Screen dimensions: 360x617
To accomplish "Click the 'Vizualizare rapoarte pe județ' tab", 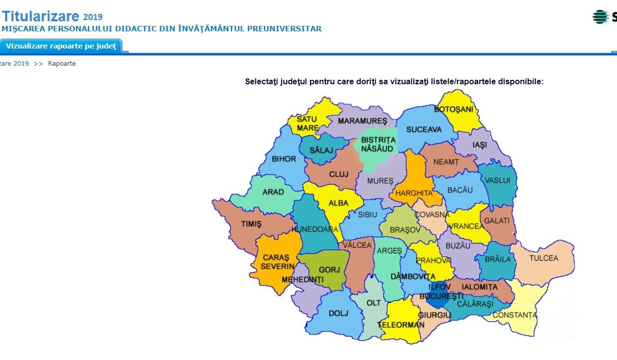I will pyautogui.click(x=61, y=46).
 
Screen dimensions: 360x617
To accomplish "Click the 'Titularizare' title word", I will pyautogui.click(x=40, y=17).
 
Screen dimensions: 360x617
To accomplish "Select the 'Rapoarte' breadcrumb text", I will pyautogui.click(x=62, y=64).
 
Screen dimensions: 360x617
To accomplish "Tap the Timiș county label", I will pyautogui.click(x=251, y=224).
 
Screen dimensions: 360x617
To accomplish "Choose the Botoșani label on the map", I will pyautogui.click(x=454, y=109).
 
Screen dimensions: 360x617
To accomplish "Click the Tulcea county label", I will pyautogui.click(x=544, y=258).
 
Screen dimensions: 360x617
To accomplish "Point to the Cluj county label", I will pyautogui.click(x=339, y=174).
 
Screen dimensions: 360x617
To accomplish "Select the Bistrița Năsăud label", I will pyautogui.click(x=378, y=144).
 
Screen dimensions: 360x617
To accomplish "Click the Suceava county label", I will pyautogui.click(x=424, y=130).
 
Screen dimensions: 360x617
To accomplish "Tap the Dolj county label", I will pyautogui.click(x=338, y=313).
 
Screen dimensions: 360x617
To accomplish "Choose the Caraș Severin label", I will pyautogui.click(x=277, y=262).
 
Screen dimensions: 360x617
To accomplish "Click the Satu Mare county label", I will pyautogui.click(x=308, y=123).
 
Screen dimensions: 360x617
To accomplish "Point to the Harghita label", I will pyautogui.click(x=414, y=193).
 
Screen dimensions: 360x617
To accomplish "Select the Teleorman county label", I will pyautogui.click(x=401, y=325).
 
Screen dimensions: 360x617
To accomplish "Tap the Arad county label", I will pyautogui.click(x=273, y=192).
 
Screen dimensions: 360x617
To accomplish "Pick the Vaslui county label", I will pyautogui.click(x=498, y=180).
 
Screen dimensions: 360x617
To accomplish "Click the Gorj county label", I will pyautogui.click(x=329, y=270).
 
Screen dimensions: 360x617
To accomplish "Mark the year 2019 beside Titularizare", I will pyautogui.click(x=93, y=18).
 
